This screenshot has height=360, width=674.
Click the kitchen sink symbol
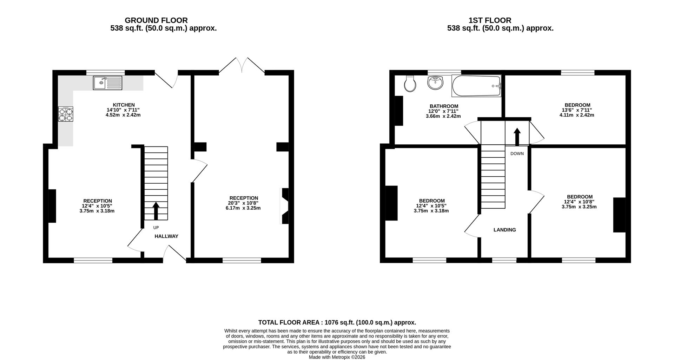(107, 83)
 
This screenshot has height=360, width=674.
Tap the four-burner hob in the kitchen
(66, 114)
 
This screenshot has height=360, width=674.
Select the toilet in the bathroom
(410, 84)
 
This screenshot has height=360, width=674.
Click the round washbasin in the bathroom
(435, 83)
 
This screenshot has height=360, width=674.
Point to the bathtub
(476, 86)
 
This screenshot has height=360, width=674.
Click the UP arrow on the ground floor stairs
(156, 211)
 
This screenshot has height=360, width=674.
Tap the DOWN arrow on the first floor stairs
(517, 137)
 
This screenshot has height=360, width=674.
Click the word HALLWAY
(166, 236)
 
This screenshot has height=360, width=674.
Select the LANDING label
(505, 230)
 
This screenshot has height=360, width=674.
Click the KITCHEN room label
(124, 105)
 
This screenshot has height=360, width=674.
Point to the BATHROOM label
(444, 106)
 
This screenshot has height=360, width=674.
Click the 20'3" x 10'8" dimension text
(243, 203)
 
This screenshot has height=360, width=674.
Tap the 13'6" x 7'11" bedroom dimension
(577, 110)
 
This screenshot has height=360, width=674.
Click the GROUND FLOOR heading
(156, 20)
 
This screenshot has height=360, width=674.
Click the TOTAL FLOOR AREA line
(337, 322)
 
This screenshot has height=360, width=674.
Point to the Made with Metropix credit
(337, 357)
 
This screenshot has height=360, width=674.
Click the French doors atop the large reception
(242, 65)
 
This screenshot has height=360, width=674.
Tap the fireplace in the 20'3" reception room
(285, 206)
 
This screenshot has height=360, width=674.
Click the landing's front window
(504, 260)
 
